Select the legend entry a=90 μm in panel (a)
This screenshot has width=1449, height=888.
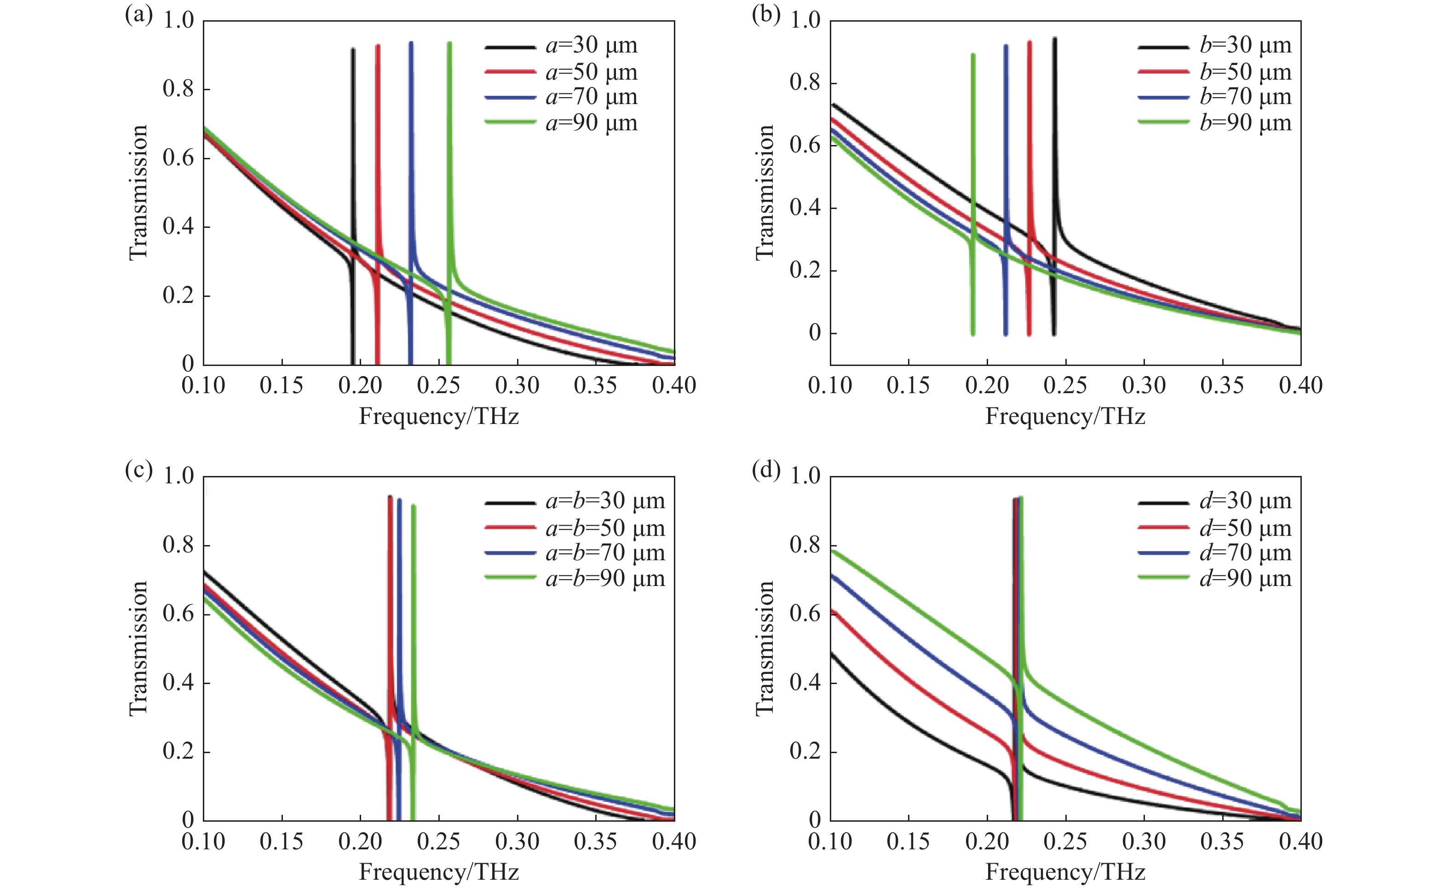(591, 123)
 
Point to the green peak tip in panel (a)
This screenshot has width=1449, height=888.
(450, 44)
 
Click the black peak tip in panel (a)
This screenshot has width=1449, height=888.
(353, 49)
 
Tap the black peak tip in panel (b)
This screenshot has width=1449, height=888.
(1055, 39)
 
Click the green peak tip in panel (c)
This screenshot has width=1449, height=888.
(414, 505)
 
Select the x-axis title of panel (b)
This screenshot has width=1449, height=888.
(1065, 417)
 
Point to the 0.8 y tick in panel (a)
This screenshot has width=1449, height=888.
(178, 89)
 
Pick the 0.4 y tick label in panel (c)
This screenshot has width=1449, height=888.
(178, 683)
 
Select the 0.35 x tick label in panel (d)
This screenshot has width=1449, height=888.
(1222, 842)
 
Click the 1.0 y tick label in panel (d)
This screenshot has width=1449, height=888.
(805, 476)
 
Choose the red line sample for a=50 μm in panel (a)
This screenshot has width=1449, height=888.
(510, 72)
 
